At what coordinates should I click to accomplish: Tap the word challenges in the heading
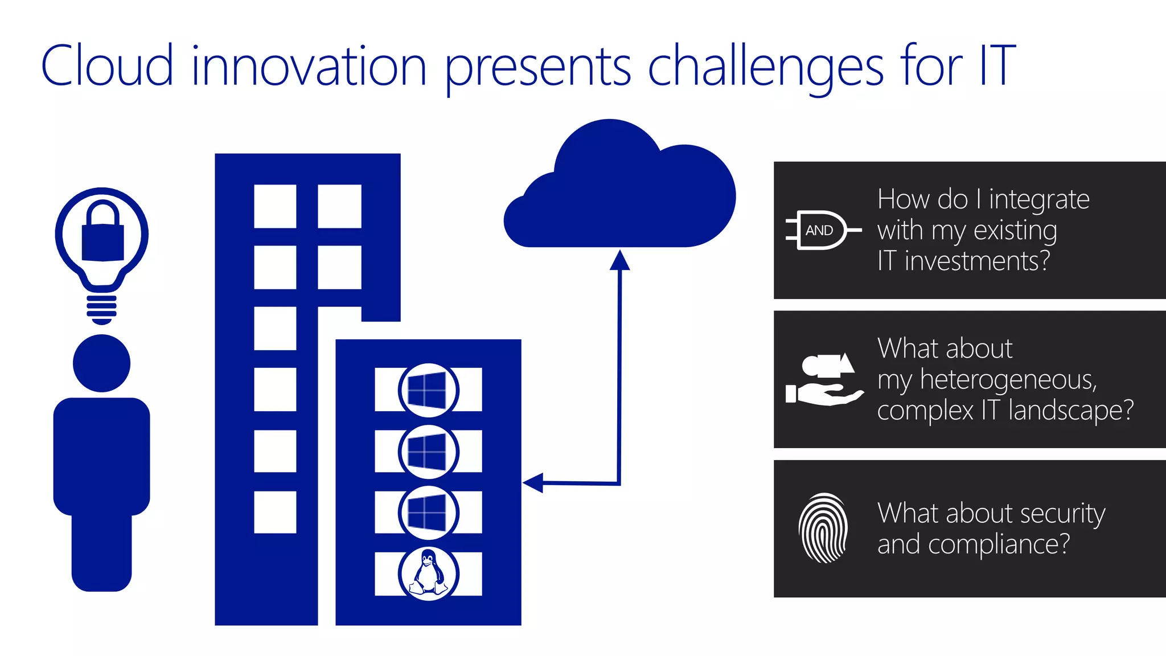766,67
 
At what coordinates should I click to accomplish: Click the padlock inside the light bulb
102,235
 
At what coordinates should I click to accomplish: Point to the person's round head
102,363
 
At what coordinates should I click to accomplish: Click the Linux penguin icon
428,573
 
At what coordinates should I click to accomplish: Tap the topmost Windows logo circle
428,390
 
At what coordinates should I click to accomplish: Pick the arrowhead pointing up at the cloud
619,260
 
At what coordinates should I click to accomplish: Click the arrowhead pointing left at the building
533,483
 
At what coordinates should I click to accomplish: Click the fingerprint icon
823,528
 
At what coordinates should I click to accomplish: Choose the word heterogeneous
1008,380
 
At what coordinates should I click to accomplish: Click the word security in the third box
1062,514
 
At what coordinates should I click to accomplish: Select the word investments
977,261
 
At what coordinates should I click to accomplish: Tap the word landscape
1070,411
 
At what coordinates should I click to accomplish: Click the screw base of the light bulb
102,308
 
